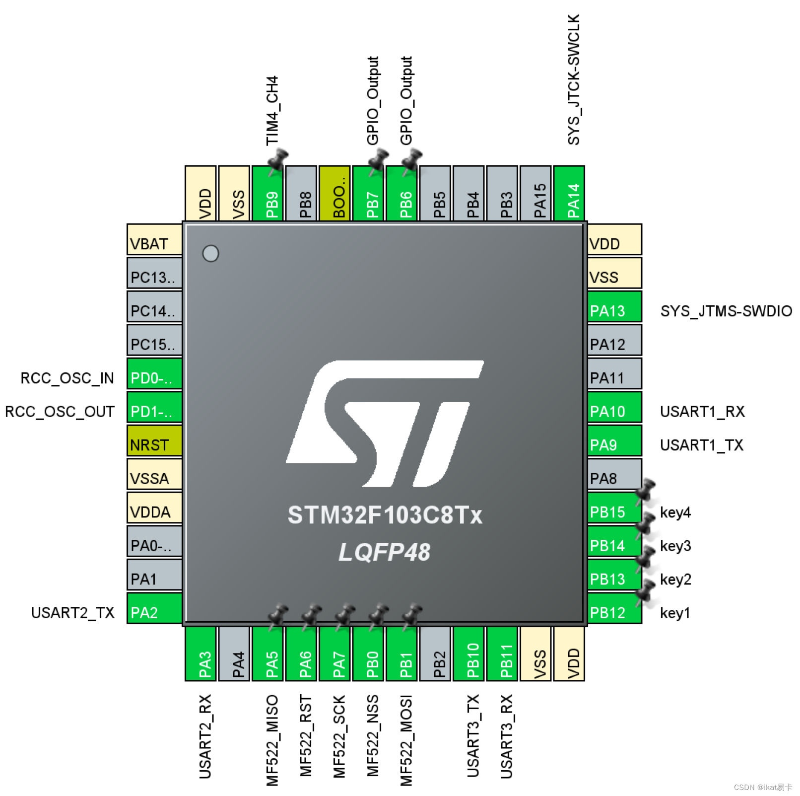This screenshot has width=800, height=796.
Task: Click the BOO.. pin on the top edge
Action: (334, 194)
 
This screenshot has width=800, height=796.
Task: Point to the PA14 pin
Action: (569, 194)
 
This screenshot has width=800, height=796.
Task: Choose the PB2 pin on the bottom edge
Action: (435, 653)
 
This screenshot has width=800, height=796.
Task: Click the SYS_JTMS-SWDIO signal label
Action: (726, 311)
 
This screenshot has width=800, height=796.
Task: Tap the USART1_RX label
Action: (702, 412)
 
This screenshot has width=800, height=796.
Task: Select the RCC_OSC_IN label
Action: (67, 378)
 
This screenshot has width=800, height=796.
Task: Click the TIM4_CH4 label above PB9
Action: (272, 111)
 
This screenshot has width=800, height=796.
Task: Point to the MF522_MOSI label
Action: (406, 740)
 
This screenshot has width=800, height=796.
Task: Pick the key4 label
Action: (675, 512)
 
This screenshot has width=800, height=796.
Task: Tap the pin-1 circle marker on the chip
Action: (210, 254)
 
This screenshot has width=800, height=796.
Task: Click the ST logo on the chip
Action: (385, 423)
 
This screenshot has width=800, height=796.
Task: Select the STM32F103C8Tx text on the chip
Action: (385, 515)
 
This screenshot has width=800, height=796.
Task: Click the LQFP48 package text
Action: (385, 552)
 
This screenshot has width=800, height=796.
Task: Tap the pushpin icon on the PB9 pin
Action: (277, 160)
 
